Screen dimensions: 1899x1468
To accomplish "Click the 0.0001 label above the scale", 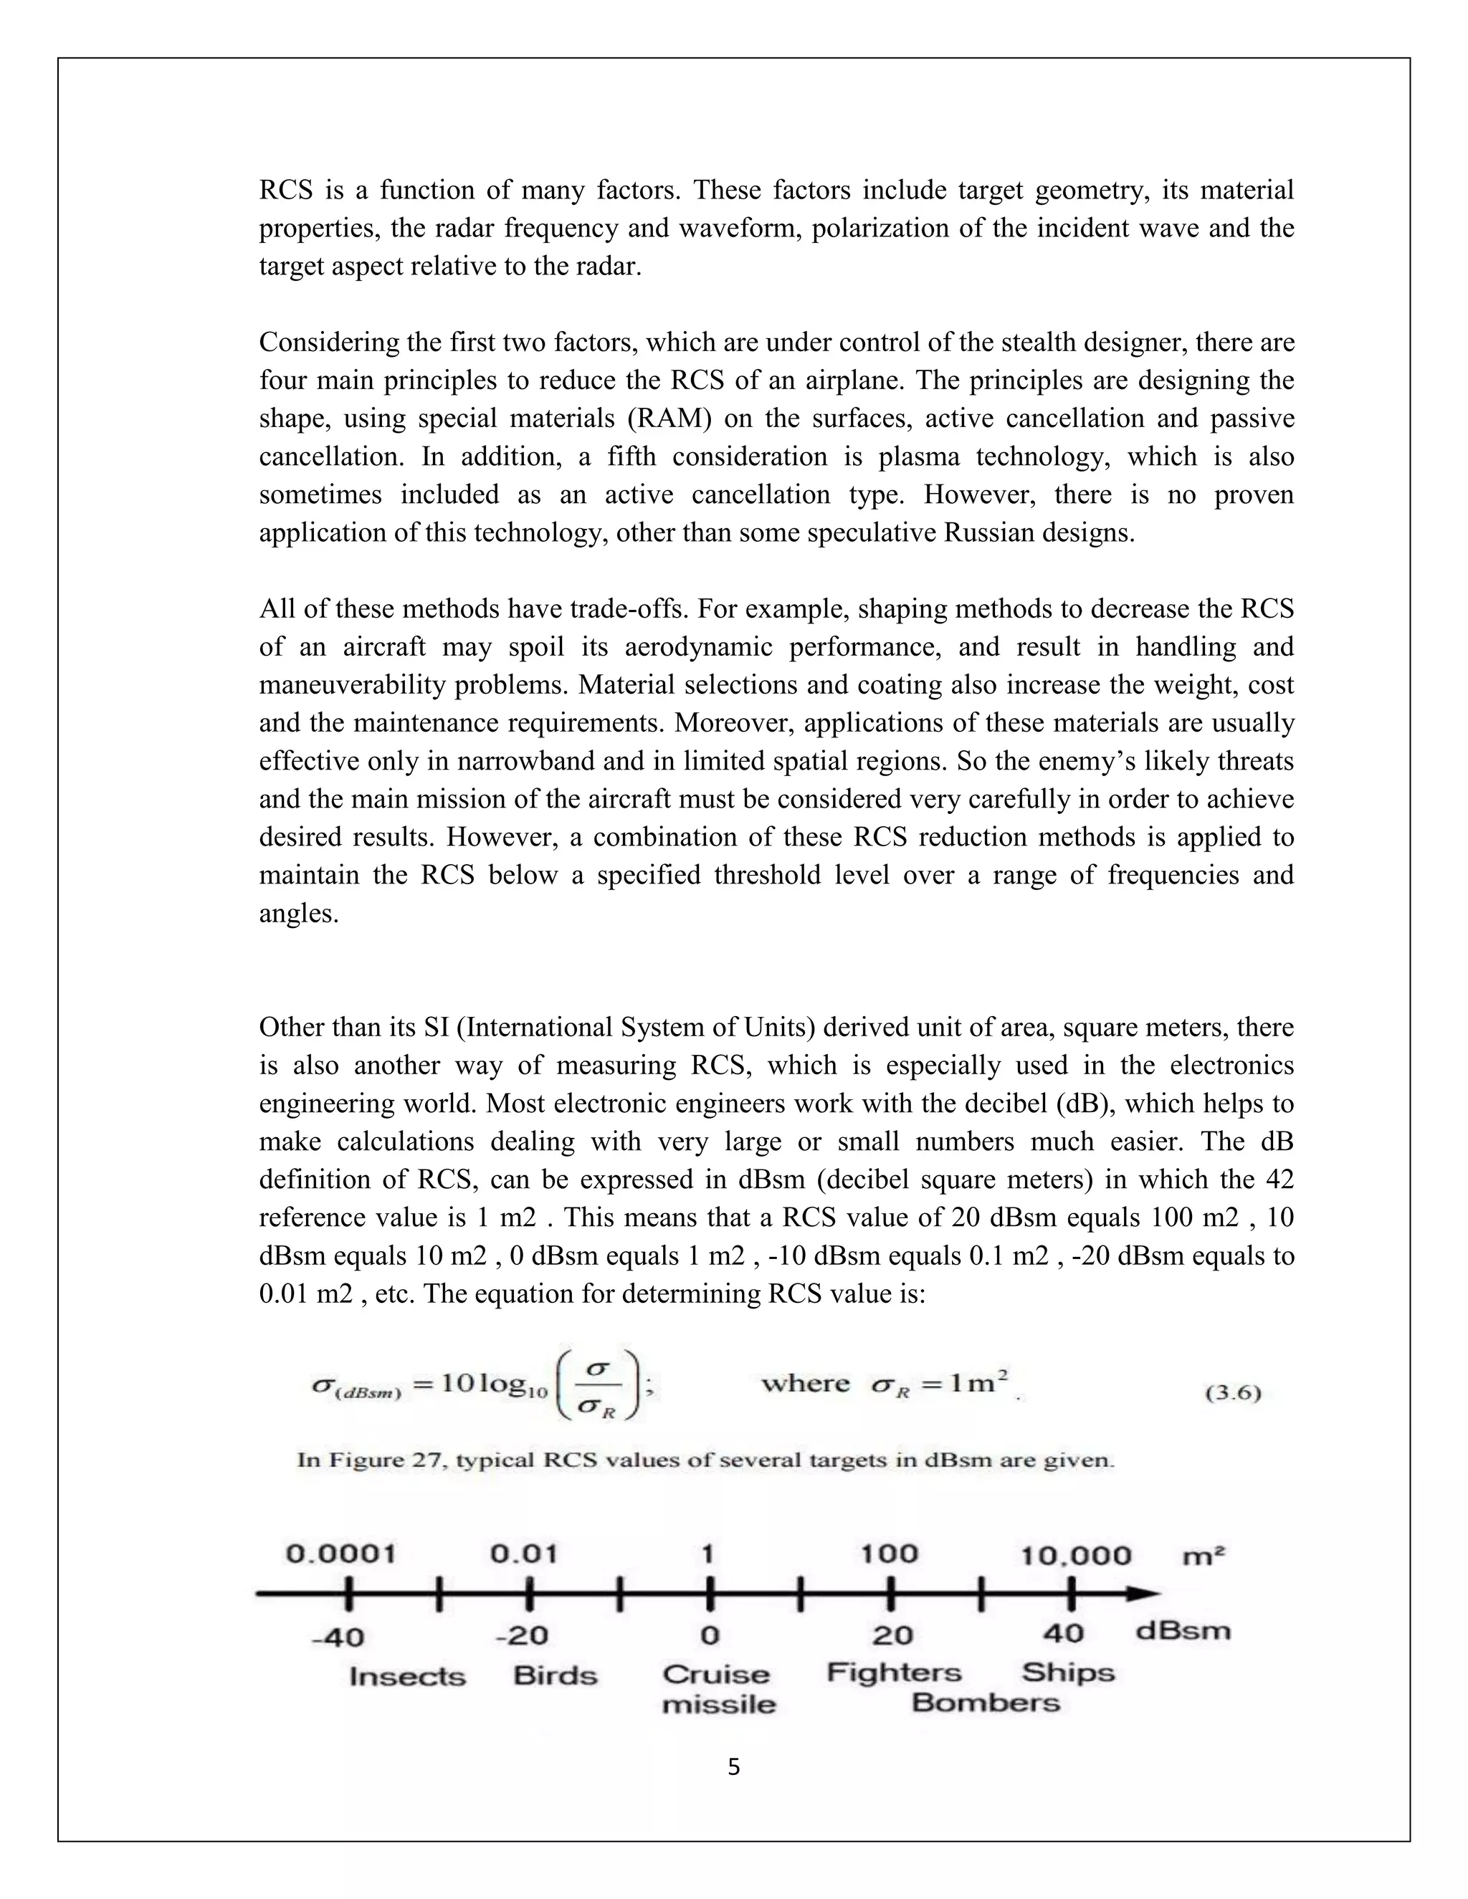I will (341, 1554).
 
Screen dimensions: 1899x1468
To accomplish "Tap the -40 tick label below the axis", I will (338, 1638).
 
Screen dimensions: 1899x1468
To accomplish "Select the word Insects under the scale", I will (407, 1676).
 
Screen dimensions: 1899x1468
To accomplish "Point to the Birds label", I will (555, 1675).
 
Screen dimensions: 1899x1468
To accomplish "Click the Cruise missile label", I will (718, 1690).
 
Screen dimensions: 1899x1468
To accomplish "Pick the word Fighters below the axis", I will (894, 1673).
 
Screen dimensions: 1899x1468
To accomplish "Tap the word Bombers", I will (986, 1703).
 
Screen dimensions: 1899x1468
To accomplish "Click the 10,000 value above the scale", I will (1076, 1556).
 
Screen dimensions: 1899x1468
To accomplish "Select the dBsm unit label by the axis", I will (1183, 1630).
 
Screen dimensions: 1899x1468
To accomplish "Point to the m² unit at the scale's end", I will (1204, 1556).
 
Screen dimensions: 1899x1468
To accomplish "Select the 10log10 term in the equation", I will (493, 1385).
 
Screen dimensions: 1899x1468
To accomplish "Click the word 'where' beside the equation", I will (805, 1383).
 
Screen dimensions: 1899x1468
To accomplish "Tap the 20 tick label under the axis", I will (892, 1635).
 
